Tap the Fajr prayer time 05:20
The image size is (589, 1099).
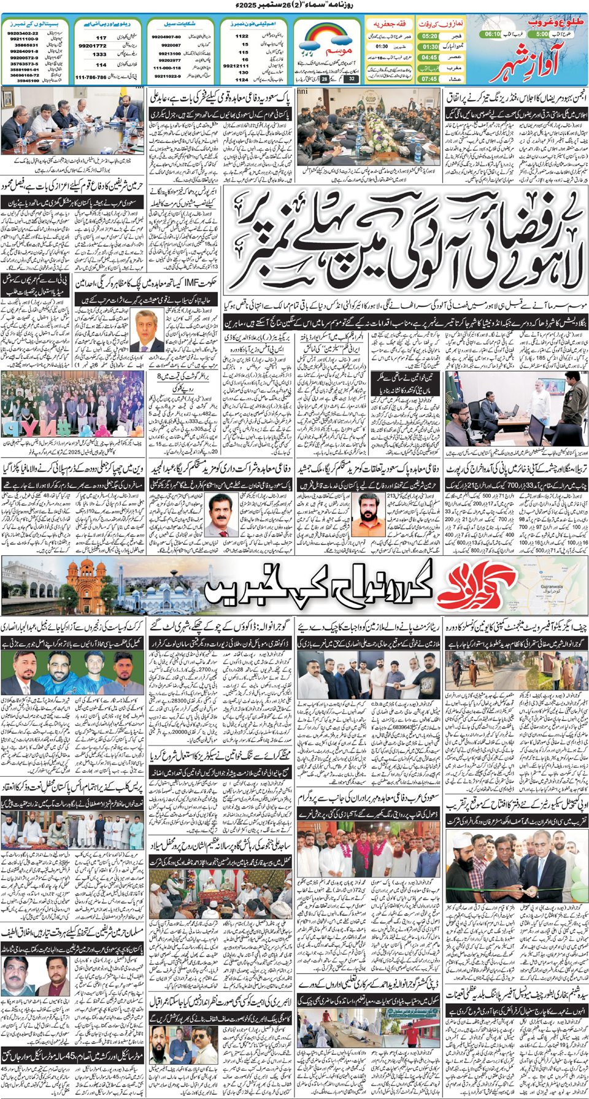[x=429, y=36]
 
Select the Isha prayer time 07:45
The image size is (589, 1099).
[x=429, y=79]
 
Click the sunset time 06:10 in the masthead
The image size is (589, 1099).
[x=493, y=34]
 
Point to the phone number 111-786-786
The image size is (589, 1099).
[x=91, y=77]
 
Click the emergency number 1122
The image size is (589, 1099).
[x=242, y=36]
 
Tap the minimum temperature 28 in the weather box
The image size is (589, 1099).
[x=325, y=79]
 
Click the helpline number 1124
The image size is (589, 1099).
[x=242, y=79]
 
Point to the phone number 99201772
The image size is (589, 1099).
[x=92, y=45]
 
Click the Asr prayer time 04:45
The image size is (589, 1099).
[x=429, y=58]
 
